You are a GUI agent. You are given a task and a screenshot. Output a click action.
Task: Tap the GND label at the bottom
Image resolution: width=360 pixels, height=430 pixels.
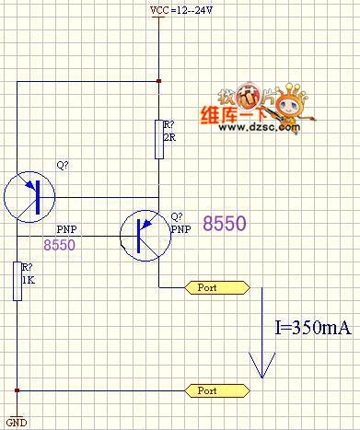(16, 423)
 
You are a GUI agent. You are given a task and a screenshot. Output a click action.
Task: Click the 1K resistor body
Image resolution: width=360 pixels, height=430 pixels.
(17, 282)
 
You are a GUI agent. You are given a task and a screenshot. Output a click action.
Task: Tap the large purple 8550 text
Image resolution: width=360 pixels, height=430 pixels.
(225, 224)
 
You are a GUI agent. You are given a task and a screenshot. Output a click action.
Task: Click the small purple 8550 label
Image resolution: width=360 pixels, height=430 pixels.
(60, 244)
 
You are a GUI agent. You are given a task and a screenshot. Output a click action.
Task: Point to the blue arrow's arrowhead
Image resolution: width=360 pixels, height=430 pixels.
(264, 367)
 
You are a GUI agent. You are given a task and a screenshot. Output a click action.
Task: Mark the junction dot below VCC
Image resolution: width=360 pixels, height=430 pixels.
(159, 81)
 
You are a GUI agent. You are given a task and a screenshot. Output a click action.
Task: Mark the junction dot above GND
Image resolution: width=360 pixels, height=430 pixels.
(17, 390)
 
